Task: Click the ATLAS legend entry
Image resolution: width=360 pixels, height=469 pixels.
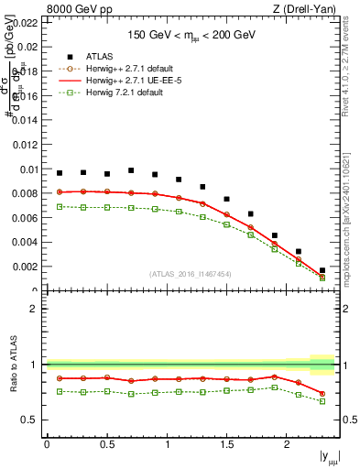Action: tap(101, 56)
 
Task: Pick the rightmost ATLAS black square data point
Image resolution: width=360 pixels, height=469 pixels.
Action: tap(322, 270)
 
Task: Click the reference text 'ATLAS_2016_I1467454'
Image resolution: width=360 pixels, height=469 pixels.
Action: tap(191, 274)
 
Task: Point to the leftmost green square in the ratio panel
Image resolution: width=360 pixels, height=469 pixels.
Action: tap(60, 391)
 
